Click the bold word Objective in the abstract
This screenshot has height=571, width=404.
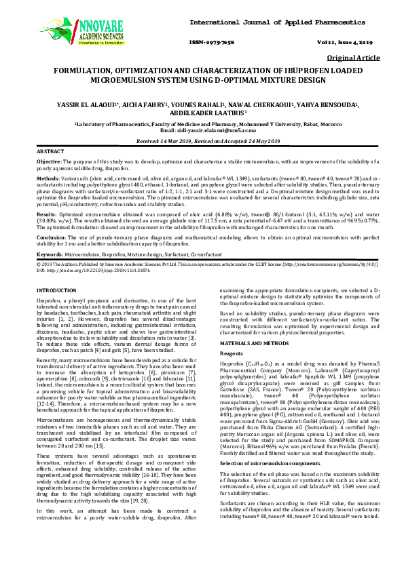pos(49,163)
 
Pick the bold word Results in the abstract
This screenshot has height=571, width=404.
pos(47,213)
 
